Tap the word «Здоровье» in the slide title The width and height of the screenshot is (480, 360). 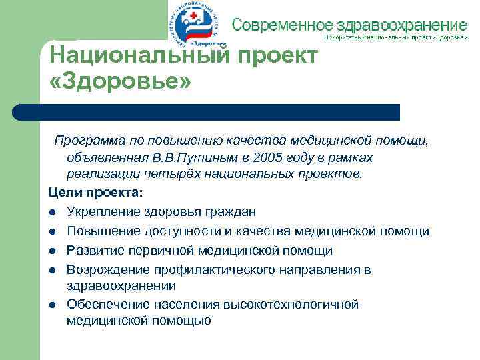click(x=121, y=83)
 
